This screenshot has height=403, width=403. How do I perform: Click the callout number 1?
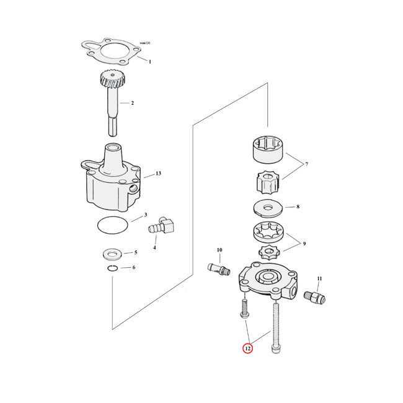[149, 62]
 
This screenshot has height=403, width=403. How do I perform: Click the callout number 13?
[158, 174]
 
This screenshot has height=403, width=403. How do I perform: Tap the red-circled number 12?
[247, 350]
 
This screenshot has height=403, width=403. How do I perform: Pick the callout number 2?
[132, 102]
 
